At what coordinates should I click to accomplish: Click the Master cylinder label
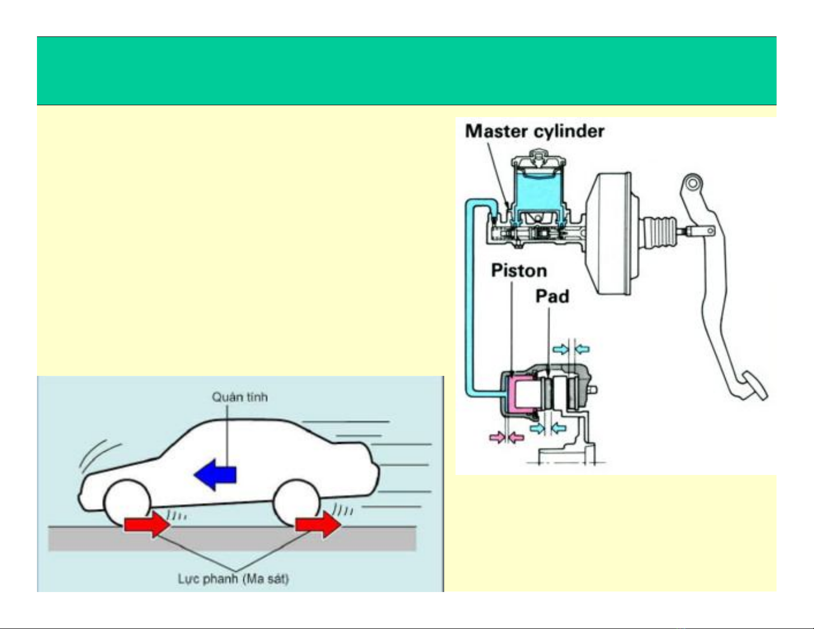534,131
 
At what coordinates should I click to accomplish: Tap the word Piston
519,271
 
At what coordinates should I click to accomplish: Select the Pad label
552,296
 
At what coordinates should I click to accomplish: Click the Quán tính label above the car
240,397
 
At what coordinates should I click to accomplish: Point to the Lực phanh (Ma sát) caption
233,579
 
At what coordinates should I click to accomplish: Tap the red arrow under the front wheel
147,524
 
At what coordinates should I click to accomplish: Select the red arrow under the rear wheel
318,524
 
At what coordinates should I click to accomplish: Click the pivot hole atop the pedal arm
693,183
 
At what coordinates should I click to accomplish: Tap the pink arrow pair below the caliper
506,437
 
